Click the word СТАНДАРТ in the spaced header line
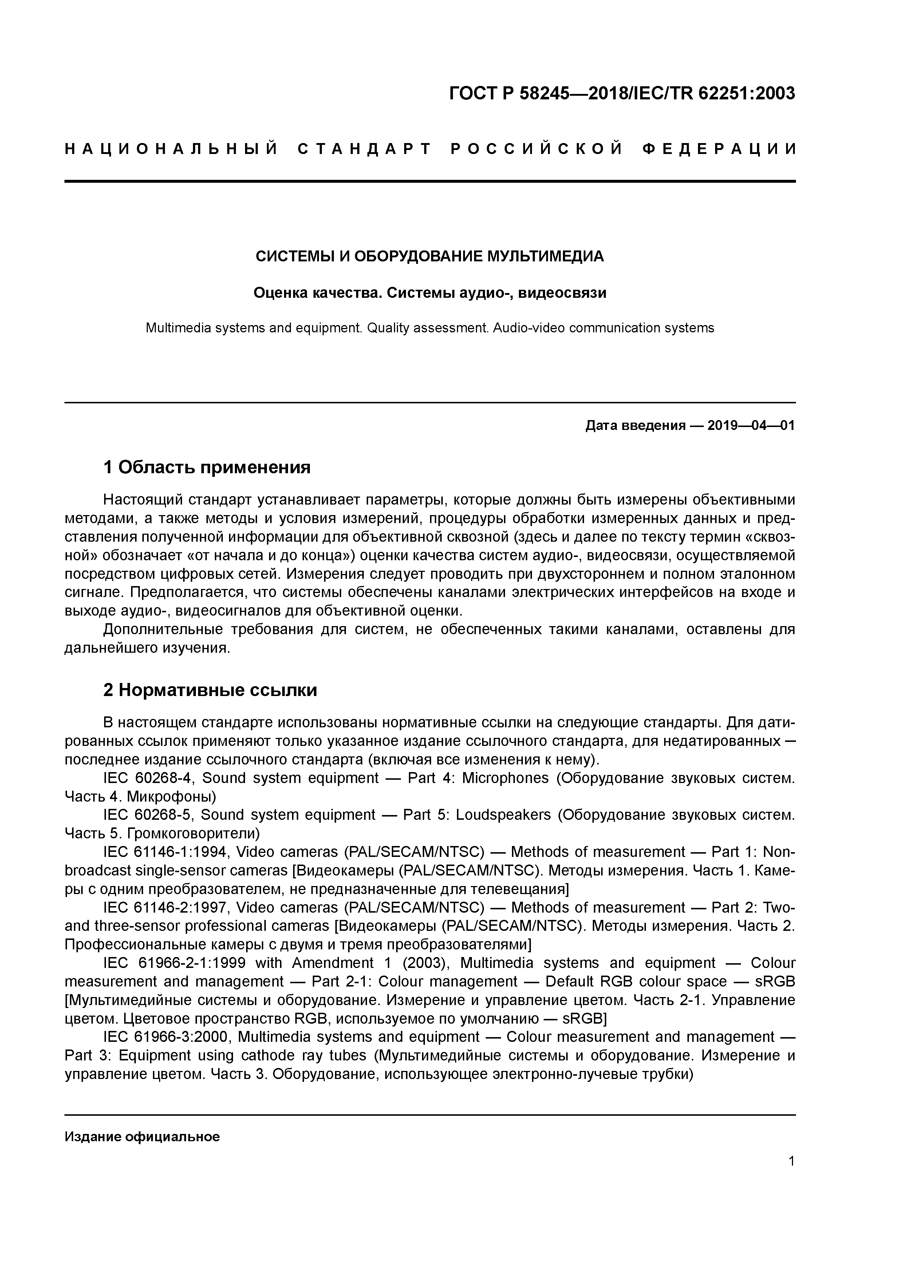click(364, 149)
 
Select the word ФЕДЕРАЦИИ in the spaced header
click(719, 149)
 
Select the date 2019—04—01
click(750, 426)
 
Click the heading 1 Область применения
click(206, 467)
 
